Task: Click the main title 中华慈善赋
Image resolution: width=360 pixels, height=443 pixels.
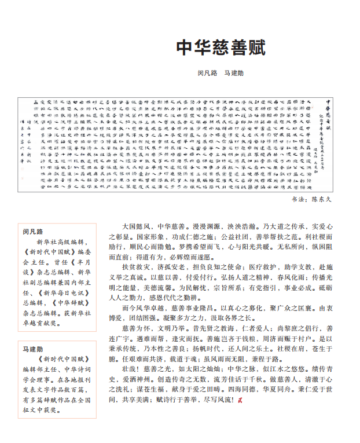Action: coord(220,47)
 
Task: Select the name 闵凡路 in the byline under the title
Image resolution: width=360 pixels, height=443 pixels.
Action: coord(207,74)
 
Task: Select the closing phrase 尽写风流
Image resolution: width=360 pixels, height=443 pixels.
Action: coord(217,400)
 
